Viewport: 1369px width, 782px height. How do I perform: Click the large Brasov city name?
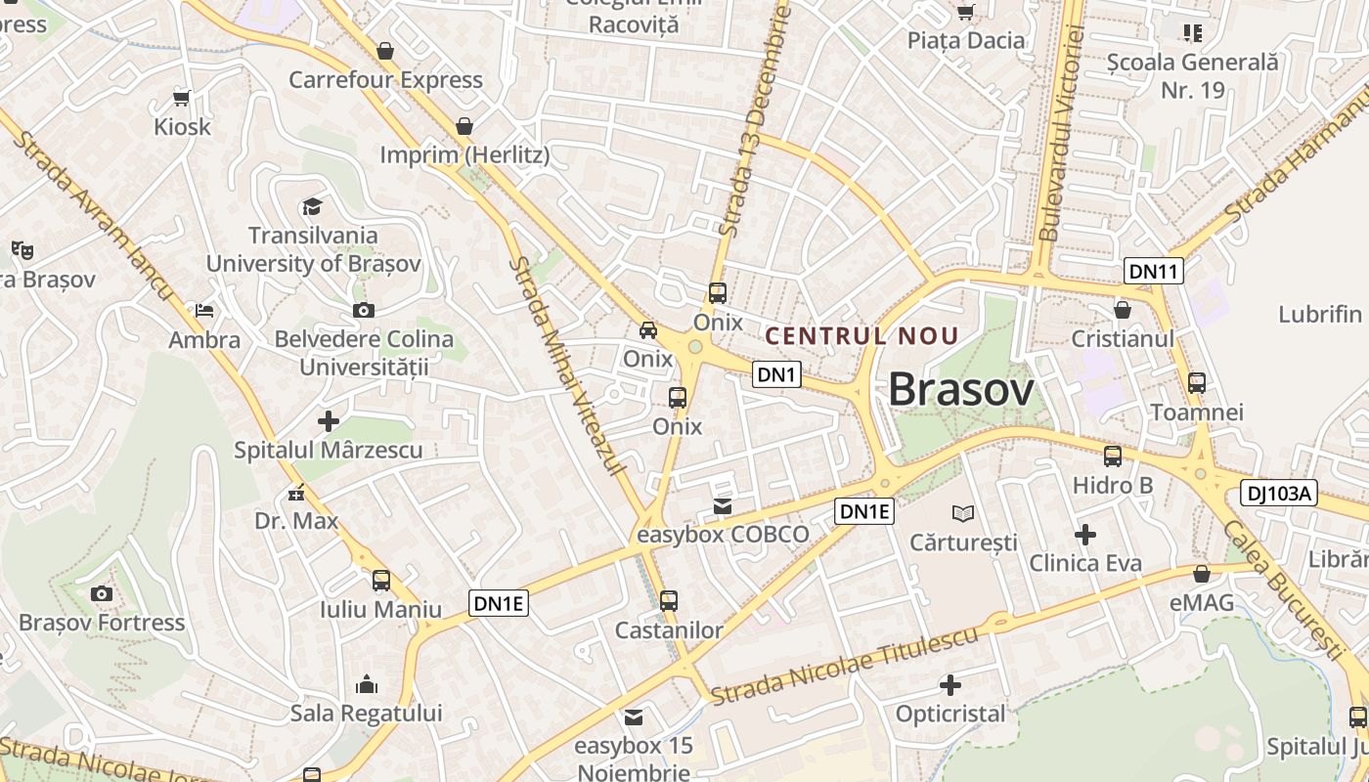(960, 391)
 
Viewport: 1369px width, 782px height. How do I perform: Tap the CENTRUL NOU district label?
(861, 336)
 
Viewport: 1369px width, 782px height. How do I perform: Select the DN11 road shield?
(1154, 271)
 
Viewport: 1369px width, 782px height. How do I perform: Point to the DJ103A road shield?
(1279, 494)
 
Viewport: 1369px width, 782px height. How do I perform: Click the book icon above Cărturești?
(963, 513)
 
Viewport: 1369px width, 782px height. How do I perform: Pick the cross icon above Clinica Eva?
(1085, 535)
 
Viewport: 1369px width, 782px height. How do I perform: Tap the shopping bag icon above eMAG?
(1202, 574)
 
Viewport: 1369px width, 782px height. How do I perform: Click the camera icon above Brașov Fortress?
(101, 593)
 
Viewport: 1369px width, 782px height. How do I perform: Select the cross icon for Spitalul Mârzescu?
(329, 421)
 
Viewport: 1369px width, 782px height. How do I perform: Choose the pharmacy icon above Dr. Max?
(296, 493)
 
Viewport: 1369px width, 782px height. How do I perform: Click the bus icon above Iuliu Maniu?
(381, 581)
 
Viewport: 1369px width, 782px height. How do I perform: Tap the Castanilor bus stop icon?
(669, 600)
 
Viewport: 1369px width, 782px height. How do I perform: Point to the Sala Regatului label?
(367, 713)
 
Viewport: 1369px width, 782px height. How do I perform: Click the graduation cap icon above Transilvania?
(312, 206)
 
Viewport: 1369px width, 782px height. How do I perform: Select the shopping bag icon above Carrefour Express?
(385, 50)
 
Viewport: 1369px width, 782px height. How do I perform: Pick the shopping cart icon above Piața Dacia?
(966, 12)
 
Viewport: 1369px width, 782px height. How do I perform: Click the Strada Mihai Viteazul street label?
(567, 367)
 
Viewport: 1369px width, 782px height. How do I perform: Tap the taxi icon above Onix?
(648, 330)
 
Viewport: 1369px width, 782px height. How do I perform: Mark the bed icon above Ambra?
(204, 311)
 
